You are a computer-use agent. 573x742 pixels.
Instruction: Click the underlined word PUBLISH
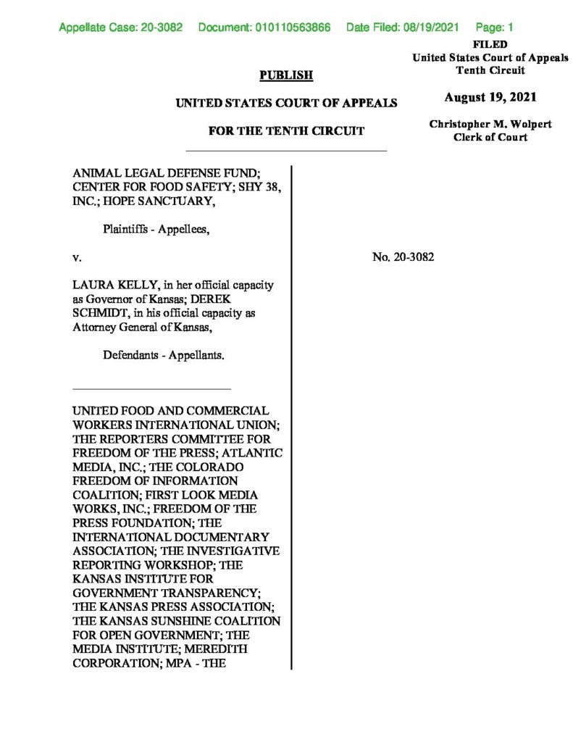coord(286,75)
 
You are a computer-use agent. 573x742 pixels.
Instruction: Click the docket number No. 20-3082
coord(403,257)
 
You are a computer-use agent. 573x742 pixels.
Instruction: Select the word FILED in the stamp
coord(490,45)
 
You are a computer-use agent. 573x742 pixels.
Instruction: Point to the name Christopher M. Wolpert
coord(490,125)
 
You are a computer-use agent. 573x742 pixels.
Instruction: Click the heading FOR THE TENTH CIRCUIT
coord(286,131)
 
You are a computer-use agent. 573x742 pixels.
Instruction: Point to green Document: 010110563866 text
coord(264,28)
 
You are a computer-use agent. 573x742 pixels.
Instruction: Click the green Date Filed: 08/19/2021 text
coord(403,28)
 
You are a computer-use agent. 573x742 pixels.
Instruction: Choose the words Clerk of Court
coord(490,138)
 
